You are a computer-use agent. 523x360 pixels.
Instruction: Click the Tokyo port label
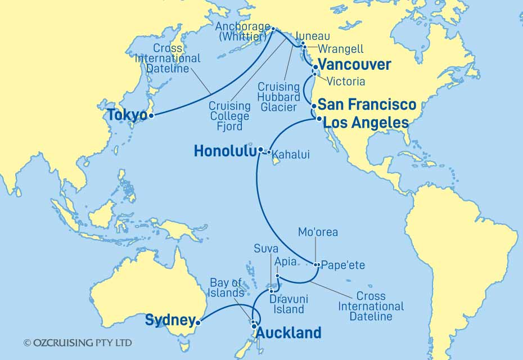[x=127, y=115]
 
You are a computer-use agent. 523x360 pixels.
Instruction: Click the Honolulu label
[x=224, y=151]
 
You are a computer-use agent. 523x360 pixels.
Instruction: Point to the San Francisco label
[x=367, y=105]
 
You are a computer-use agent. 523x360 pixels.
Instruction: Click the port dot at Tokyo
[x=151, y=116]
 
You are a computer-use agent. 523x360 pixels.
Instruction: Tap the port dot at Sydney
[x=197, y=323]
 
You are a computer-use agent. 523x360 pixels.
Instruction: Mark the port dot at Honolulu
[x=261, y=150]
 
